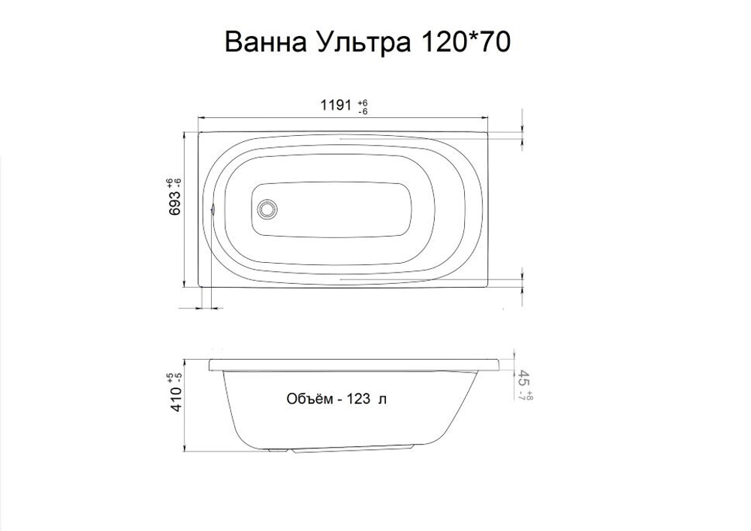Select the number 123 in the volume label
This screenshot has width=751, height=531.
tap(359, 400)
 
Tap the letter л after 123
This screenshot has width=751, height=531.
tap(383, 400)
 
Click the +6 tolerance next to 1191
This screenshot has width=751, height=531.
tap(363, 102)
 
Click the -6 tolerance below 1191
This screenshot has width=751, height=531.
tap(363, 111)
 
